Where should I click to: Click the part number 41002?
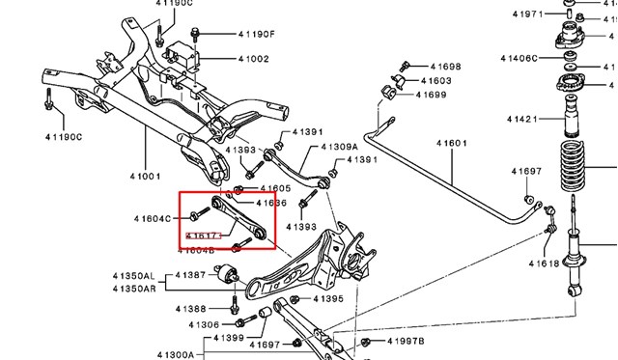click(x=254, y=60)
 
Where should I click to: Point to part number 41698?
click(x=444, y=67)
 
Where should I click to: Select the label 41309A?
click(x=324, y=147)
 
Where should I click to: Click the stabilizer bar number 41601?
click(x=451, y=143)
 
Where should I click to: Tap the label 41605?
click(x=274, y=188)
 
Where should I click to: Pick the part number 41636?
click(x=271, y=203)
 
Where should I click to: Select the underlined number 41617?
click(x=202, y=235)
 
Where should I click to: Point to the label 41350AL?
click(x=133, y=275)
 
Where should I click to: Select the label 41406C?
click(x=520, y=58)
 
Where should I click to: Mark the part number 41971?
click(x=527, y=14)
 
